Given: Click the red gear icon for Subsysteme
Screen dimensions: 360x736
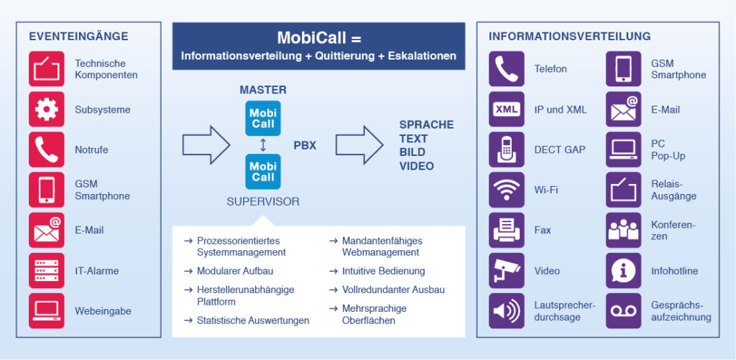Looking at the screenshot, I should [x=47, y=109].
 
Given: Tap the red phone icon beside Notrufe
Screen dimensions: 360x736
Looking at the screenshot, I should [x=47, y=149].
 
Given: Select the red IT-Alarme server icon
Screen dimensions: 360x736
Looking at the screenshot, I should [x=47, y=270].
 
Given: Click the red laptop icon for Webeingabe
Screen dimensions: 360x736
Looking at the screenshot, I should [x=47, y=310].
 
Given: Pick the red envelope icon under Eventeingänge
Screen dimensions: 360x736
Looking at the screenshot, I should [x=47, y=230].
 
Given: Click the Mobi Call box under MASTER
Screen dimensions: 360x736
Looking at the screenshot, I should [x=263, y=119].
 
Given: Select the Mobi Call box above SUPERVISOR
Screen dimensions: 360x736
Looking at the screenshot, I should [x=263, y=172].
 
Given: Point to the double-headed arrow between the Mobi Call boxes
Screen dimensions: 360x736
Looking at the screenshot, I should [x=263, y=145].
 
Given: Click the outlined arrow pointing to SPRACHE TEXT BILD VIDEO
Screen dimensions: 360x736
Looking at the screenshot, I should [x=359, y=144].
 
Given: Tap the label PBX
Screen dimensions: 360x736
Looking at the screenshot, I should [x=305, y=145].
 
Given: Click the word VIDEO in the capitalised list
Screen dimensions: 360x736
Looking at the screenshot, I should [x=417, y=166].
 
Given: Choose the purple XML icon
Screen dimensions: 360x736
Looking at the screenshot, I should [x=507, y=109].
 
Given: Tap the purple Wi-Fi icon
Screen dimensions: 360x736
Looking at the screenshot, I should [x=507, y=190].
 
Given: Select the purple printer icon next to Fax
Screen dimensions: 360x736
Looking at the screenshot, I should [x=507, y=230].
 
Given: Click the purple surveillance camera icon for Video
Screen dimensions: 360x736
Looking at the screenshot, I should [x=507, y=270].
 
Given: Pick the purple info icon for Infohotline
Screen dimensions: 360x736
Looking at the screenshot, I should [x=623, y=270].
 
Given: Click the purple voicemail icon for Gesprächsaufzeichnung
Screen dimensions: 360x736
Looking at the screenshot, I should [x=623, y=310].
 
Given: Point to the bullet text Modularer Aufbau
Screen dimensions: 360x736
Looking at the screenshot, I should [x=235, y=271].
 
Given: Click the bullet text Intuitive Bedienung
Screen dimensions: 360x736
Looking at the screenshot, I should [x=383, y=271].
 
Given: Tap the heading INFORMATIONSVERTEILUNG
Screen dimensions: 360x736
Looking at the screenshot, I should [x=569, y=36].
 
